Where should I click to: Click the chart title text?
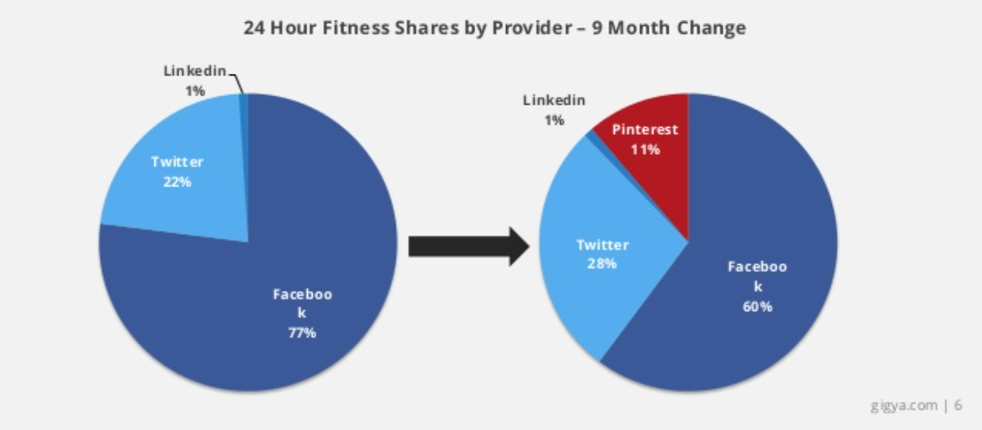click(x=494, y=28)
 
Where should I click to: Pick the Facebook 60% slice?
click(x=754, y=238)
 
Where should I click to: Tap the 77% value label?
click(x=301, y=333)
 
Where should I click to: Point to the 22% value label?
click(x=178, y=181)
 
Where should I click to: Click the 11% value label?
click(x=645, y=148)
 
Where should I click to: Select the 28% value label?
click(x=602, y=263)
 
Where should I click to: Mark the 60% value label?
click(x=757, y=306)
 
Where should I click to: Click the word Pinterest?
click(x=645, y=129)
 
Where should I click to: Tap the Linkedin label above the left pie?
click(x=194, y=71)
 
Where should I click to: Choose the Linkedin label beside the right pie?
click(x=554, y=101)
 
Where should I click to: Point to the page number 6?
click(x=958, y=405)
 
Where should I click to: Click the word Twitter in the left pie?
click(x=178, y=162)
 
